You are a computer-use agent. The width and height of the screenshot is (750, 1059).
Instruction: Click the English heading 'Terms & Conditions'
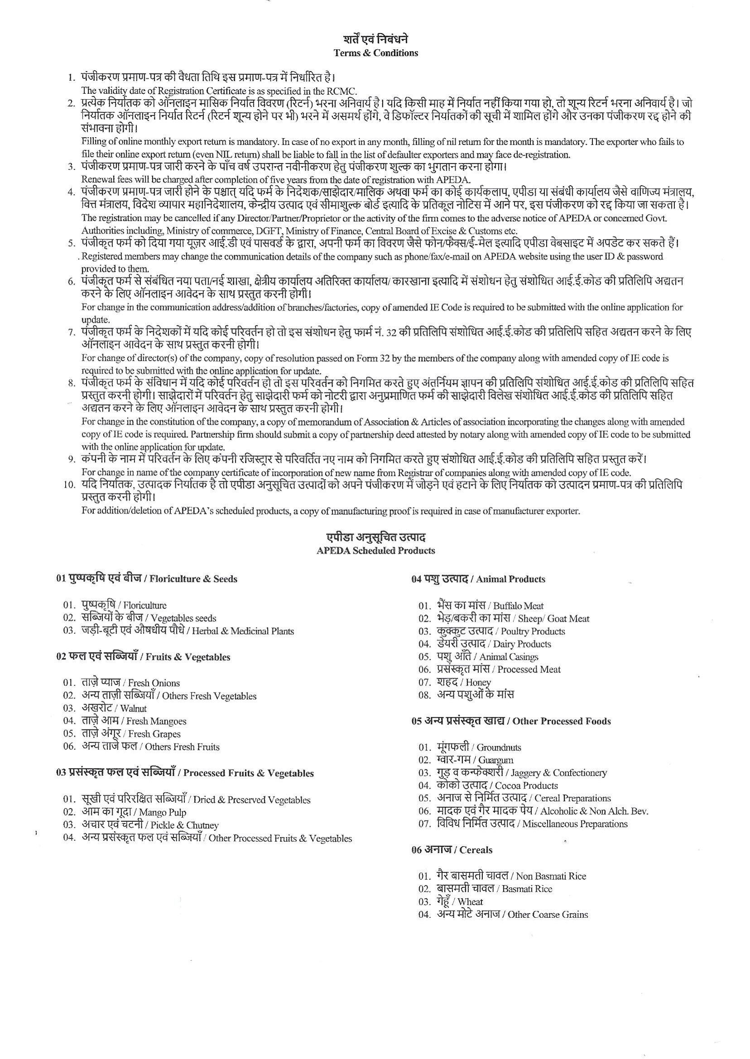[375, 53]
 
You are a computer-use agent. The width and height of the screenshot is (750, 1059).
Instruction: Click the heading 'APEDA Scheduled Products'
[375, 550]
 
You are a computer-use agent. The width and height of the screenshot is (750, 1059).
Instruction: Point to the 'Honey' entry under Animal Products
[478, 682]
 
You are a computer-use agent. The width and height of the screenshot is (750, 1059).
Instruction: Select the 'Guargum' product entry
[495, 760]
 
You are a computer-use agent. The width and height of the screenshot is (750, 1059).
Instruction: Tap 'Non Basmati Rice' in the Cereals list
[550, 876]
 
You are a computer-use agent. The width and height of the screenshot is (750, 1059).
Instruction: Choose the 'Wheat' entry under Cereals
[470, 901]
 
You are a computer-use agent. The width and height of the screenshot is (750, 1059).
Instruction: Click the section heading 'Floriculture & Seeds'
[193, 579]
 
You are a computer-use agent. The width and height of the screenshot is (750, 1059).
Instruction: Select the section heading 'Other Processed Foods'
[561, 722]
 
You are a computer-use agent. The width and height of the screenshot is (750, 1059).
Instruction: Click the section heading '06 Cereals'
[451, 850]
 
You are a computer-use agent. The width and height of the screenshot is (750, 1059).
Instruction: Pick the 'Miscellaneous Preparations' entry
[575, 824]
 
